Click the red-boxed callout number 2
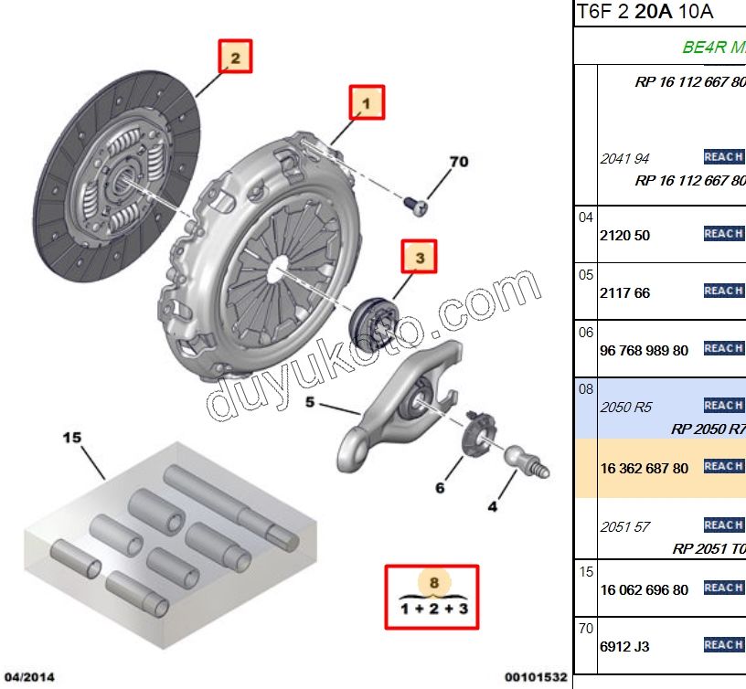[235, 58]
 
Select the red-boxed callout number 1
[367, 103]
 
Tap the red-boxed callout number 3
[421, 259]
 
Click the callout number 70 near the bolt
[458, 162]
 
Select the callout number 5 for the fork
[310, 401]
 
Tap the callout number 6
[440, 488]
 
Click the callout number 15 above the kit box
[72, 438]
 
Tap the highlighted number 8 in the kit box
[434, 581]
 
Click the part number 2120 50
[624, 235]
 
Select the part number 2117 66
[624, 292]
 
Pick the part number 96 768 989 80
[644, 350]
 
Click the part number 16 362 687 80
[644, 468]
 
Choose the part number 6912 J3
[624, 646]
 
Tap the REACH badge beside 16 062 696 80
[723, 588]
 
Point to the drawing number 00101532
[535, 677]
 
